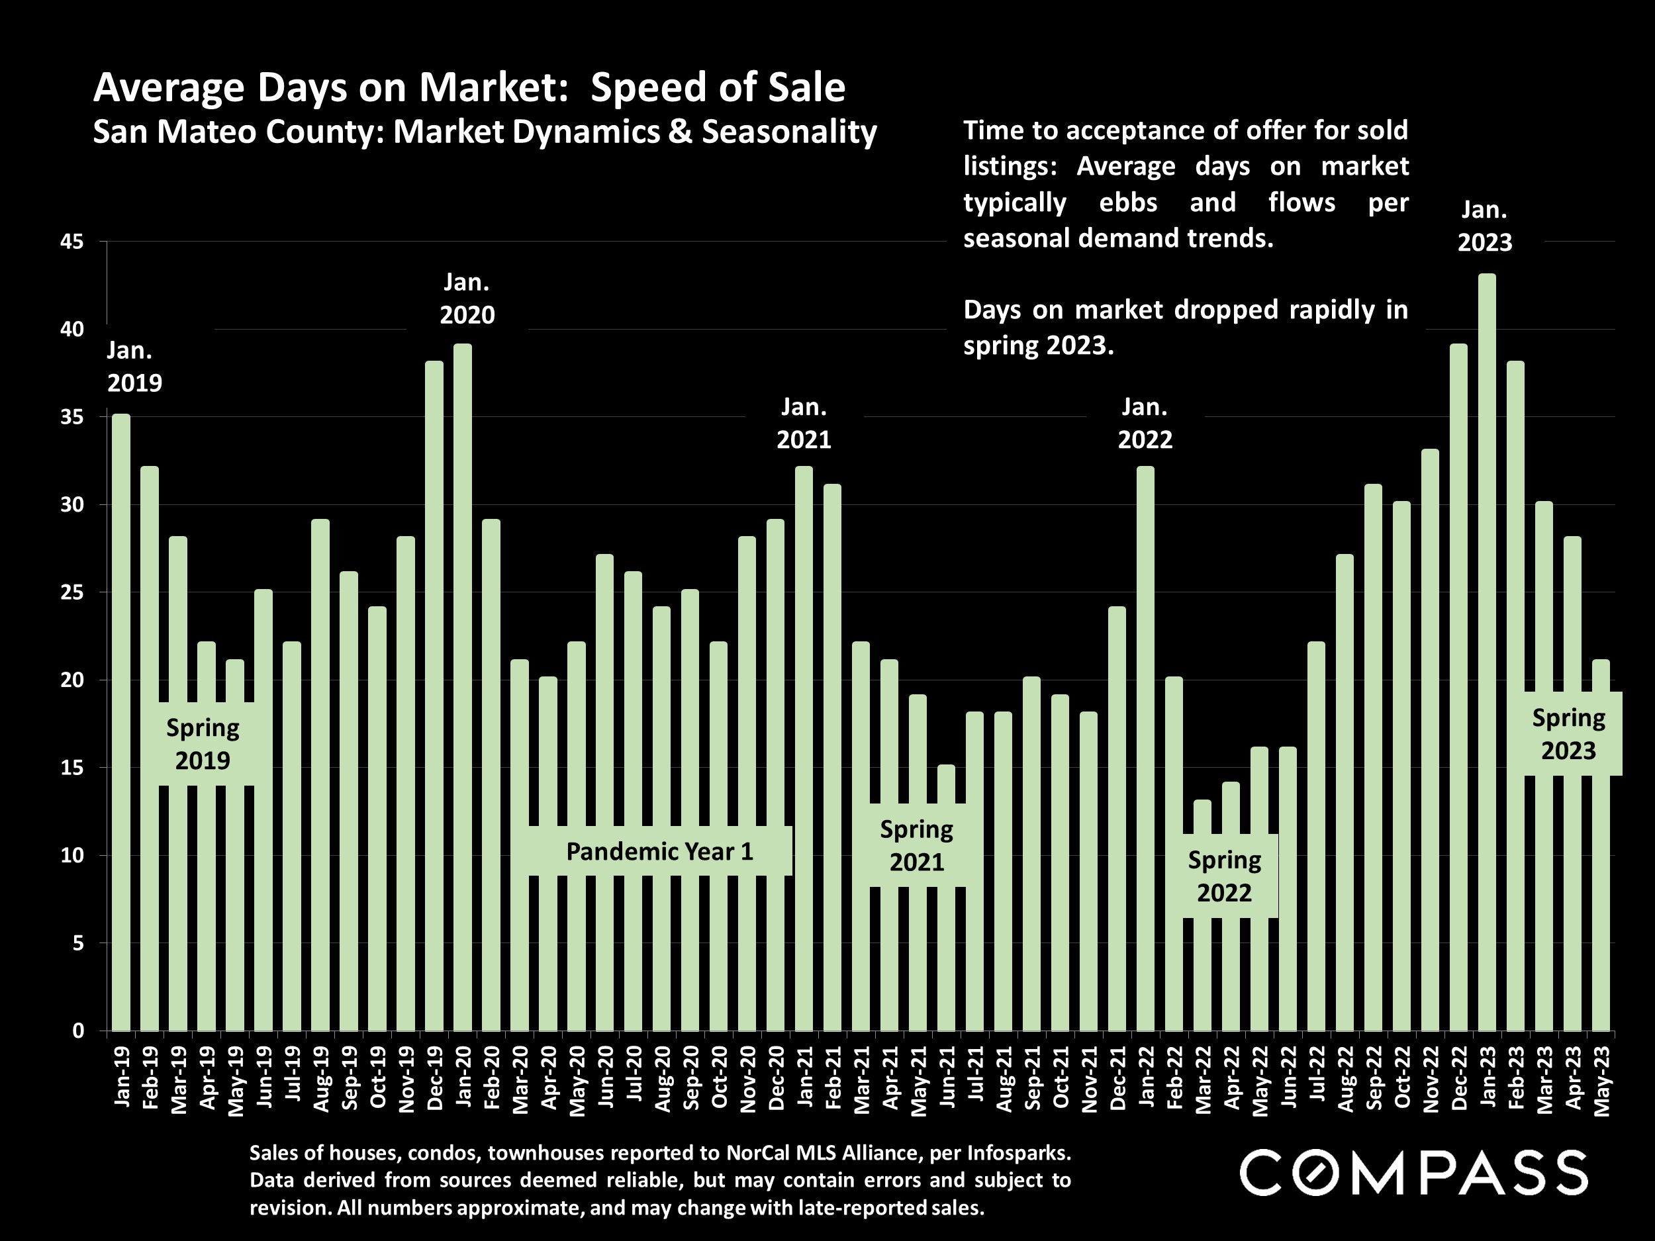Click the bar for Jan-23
pos(1488,651)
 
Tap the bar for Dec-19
pos(434,696)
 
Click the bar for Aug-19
pos(320,774)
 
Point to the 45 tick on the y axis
pos(73,242)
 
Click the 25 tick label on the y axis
pos(73,593)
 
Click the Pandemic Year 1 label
pos(659,851)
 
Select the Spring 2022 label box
pos(1224,876)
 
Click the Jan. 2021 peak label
pos(804,424)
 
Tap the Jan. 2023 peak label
pos(1484,226)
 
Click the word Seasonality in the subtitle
pos(788,132)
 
